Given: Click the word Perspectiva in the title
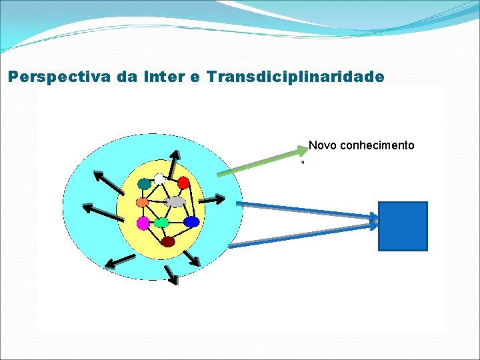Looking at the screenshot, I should pos(61,77).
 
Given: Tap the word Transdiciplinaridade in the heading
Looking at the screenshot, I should pos(295,77).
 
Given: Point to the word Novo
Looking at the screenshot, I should pos(323,145).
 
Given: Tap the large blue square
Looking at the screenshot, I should pos(403,226).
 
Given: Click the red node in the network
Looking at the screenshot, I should pos(183,182).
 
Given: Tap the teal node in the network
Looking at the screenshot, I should pos(144,183).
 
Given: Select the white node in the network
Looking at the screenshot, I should pos(159,178).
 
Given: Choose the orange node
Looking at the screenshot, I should pos(142,201).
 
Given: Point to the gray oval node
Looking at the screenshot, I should pos(175,201).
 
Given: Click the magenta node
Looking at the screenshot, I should pos(143,223).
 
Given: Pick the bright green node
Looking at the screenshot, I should pos(161,223).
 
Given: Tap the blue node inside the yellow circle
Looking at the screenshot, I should pos(191,222).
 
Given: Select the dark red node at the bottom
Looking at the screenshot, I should pos(168,241).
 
